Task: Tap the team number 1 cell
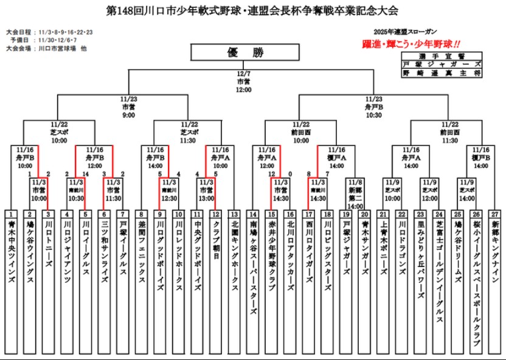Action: (x=12, y=214)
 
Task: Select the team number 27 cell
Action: (x=494, y=214)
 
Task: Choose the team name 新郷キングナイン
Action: (x=494, y=249)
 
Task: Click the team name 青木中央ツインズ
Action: (x=12, y=249)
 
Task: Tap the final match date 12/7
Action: (x=243, y=74)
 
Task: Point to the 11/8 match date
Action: (x=356, y=181)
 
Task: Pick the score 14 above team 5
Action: (x=86, y=174)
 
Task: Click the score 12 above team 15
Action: (x=271, y=174)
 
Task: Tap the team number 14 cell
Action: (x=252, y=214)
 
